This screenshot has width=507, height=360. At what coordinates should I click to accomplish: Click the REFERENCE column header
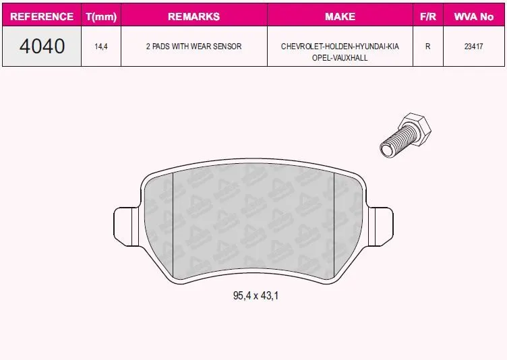[x=42, y=16]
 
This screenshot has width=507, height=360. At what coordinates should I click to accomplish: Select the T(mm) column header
[x=101, y=16]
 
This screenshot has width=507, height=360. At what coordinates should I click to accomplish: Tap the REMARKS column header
[x=194, y=16]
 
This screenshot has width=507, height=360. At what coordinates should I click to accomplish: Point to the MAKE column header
[x=340, y=16]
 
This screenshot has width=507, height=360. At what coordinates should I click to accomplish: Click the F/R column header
[x=428, y=16]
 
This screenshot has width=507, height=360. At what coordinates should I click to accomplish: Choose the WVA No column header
[x=474, y=16]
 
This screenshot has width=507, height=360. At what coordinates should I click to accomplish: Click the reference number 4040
[x=42, y=46]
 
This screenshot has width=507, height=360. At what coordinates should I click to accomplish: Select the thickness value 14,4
[x=101, y=47]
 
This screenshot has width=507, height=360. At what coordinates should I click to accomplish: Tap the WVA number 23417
[x=474, y=47]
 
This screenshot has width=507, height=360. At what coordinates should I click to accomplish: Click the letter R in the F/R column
[x=427, y=47]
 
